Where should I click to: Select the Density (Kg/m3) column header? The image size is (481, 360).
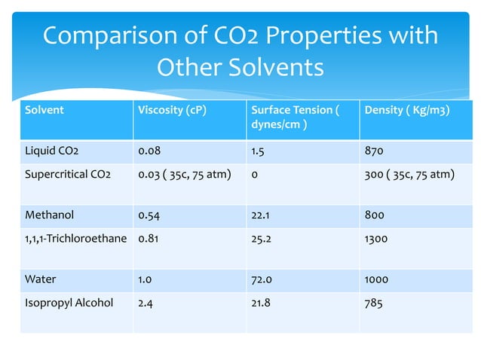point(407,110)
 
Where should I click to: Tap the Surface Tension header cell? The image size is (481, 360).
point(294,117)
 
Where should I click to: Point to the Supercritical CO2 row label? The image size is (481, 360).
point(68,175)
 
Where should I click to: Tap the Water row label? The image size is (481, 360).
point(40,279)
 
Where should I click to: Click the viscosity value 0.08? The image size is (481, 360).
point(149,151)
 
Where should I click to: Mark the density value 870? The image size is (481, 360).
point(373,151)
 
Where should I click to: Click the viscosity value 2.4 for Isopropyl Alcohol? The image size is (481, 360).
point(145,303)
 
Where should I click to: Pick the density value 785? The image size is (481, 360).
point(373,303)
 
